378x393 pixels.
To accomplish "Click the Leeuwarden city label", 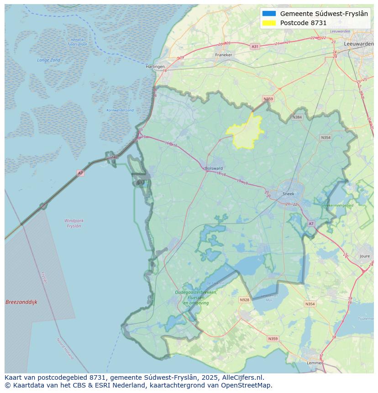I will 359,44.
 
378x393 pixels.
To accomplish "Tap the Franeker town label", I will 224,55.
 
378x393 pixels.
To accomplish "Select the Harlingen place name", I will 155,67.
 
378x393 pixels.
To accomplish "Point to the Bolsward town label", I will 214,168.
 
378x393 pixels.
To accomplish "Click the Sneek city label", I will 289,194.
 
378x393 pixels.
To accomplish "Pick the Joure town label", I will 364,257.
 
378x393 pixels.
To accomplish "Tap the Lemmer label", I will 315,363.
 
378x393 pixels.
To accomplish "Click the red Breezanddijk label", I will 21,302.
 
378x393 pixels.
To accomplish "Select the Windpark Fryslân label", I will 74,223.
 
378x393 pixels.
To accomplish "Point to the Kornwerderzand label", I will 120,110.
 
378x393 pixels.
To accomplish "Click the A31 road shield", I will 255,47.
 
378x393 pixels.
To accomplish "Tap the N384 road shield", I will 297,117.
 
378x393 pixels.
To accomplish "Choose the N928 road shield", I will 245,300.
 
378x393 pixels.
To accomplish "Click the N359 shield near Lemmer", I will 273,339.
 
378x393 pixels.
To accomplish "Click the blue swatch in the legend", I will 269,14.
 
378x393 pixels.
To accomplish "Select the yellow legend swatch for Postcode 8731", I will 269,23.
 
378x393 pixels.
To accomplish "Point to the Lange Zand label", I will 49,60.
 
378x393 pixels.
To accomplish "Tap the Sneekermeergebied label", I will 337,206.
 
